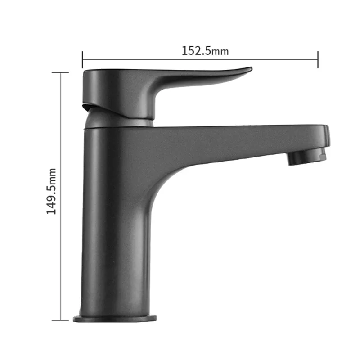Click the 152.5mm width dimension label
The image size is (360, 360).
(205, 51)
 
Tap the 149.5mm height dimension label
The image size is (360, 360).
(51, 191)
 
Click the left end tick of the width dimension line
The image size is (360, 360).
(82, 60)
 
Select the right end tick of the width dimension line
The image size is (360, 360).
(318, 60)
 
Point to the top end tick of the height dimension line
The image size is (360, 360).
(60, 72)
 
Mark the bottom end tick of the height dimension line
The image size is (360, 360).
(60, 320)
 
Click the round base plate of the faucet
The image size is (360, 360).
(115, 319)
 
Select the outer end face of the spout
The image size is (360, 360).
(327, 136)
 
